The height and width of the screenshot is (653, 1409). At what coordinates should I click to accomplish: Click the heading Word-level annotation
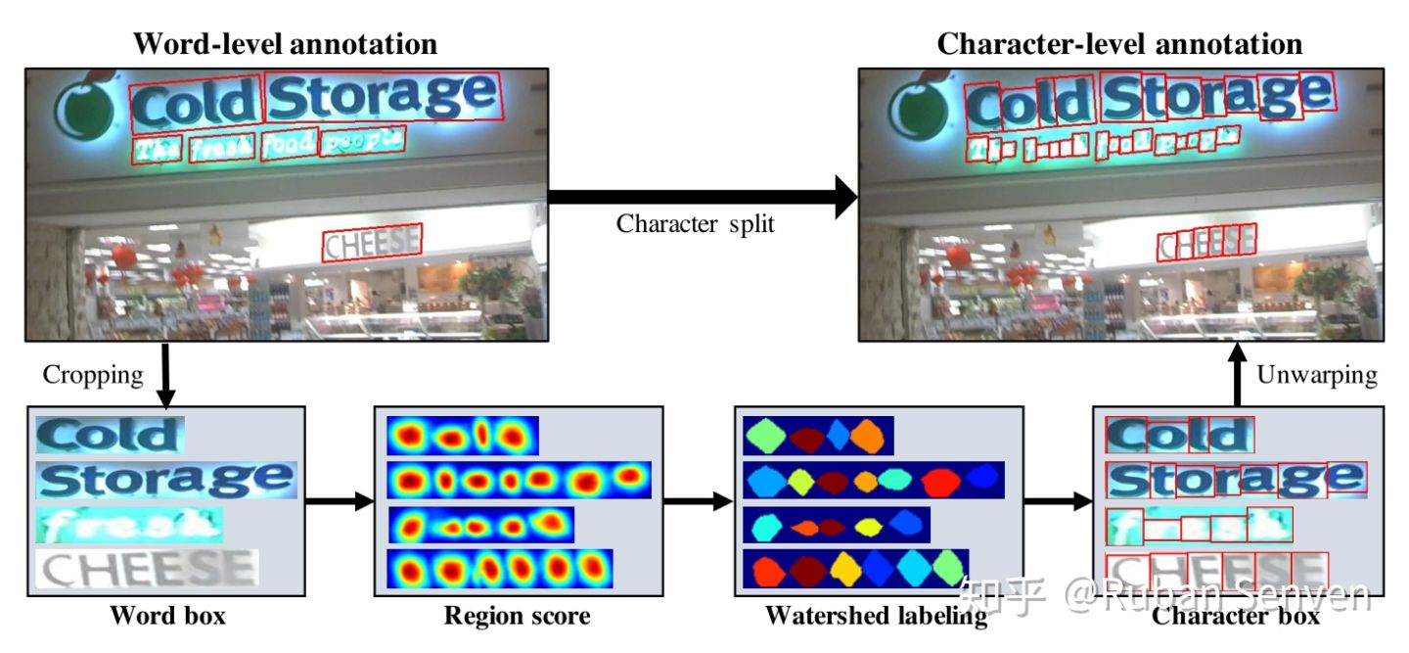click(x=285, y=44)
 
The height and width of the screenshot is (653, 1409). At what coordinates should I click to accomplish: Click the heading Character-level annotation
click(x=1119, y=44)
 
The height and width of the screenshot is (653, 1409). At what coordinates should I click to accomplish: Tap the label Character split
click(x=695, y=224)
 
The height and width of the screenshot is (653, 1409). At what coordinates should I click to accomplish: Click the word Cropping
click(x=92, y=374)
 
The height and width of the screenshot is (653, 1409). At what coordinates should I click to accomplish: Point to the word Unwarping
click(x=1317, y=374)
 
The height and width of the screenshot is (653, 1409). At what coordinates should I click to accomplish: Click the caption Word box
click(x=167, y=616)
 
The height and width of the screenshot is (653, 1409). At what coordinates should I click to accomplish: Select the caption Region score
click(x=517, y=616)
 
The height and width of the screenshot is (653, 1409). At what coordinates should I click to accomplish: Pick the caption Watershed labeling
click(x=876, y=616)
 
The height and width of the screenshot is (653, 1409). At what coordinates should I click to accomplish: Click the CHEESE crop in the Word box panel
click(x=147, y=568)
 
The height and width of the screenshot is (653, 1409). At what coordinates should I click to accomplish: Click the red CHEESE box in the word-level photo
click(x=372, y=244)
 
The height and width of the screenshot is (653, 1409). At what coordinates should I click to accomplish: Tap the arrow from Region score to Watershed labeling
click(x=698, y=502)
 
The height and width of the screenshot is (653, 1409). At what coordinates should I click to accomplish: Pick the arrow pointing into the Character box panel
click(x=1057, y=502)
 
